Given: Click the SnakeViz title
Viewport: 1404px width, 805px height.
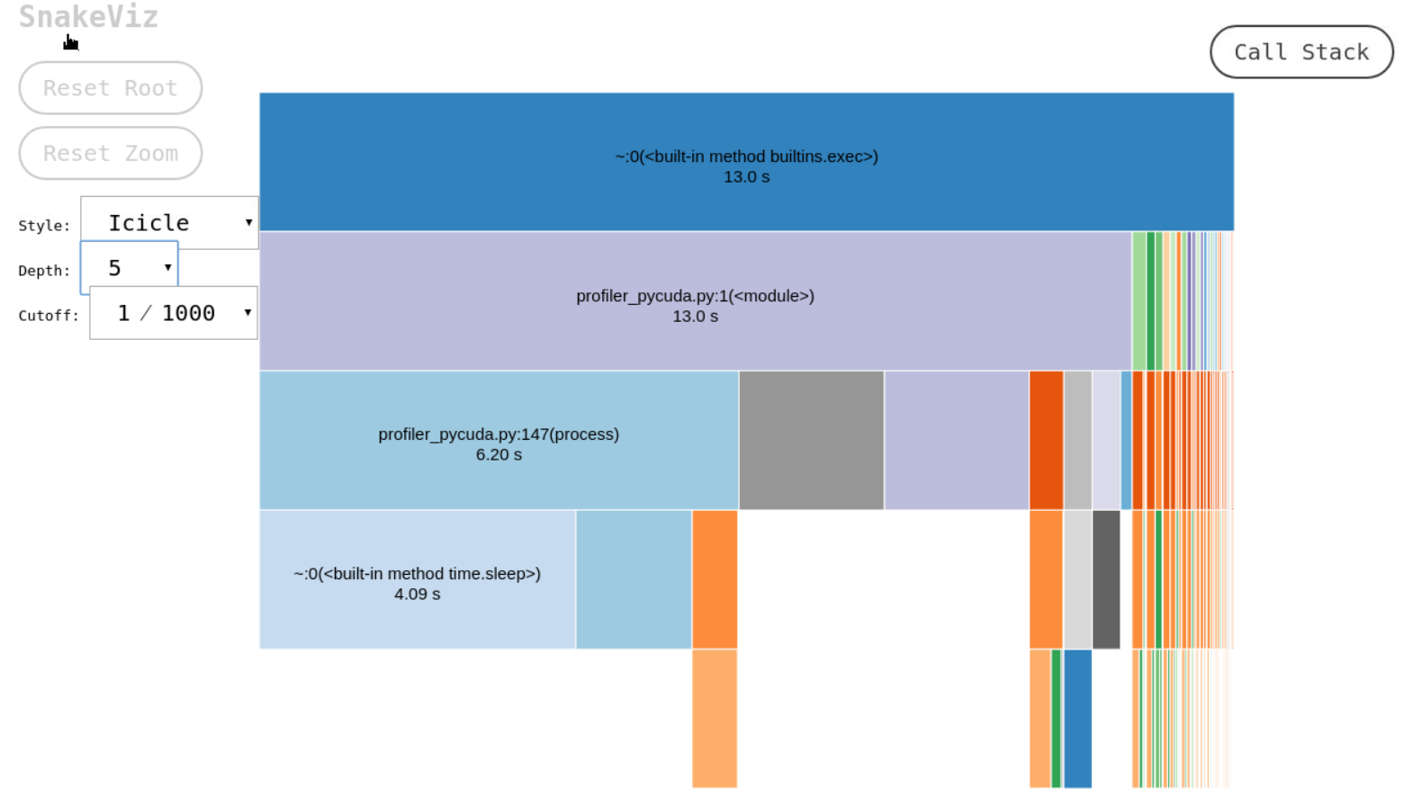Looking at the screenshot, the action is (x=88, y=17).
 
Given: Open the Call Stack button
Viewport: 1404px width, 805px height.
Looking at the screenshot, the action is (x=1301, y=52).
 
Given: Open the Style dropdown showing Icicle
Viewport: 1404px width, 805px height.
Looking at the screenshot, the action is (x=169, y=223).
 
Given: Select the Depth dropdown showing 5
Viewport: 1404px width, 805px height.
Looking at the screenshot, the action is (x=129, y=267).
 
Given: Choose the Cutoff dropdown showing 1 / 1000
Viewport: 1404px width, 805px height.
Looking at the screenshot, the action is (x=174, y=313).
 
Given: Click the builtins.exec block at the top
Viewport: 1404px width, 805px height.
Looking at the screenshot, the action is (x=746, y=162).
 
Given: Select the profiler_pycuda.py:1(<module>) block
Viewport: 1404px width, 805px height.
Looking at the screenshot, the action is (x=696, y=300).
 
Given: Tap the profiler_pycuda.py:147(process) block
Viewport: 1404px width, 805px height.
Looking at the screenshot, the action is (x=499, y=440).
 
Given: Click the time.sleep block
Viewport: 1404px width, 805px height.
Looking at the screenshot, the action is (x=418, y=579).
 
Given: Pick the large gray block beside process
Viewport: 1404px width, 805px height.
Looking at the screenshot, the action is (x=812, y=440).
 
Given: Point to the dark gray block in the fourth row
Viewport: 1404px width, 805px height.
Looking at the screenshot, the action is (x=1106, y=579).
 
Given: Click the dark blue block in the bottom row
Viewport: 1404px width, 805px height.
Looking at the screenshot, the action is (x=1078, y=719).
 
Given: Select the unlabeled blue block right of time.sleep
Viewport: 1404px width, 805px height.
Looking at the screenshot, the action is (x=634, y=579).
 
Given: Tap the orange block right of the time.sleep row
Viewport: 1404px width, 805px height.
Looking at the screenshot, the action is (x=715, y=579).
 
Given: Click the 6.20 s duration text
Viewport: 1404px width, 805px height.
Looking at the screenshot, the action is (x=499, y=455).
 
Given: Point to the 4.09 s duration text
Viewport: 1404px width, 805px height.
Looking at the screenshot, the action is (x=418, y=594).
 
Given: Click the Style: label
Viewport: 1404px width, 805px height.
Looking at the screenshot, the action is (x=44, y=226).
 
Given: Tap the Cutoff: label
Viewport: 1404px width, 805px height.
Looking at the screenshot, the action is (x=49, y=315).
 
